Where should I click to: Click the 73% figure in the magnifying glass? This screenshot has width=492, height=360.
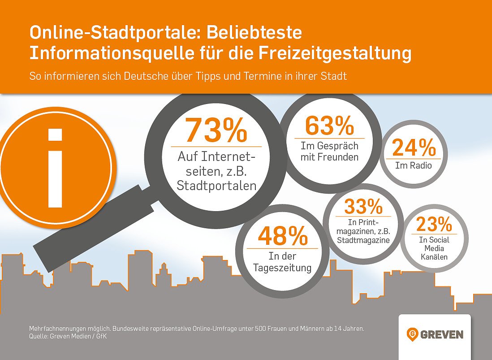pyautogui.click(x=216, y=130)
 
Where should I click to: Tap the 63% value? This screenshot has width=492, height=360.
pyautogui.click(x=329, y=126)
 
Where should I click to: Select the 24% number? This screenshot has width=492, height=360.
pyautogui.click(x=414, y=148)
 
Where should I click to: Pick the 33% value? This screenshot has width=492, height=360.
pyautogui.click(x=363, y=207)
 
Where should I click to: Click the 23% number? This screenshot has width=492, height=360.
pyautogui.click(x=434, y=224)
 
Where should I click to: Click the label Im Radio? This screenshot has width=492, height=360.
pyautogui.click(x=413, y=166)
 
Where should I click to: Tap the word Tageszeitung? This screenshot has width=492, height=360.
pyautogui.click(x=283, y=269)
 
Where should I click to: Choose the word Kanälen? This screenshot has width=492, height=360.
pyautogui.click(x=434, y=257)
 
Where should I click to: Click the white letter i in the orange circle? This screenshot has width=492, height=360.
pyautogui.click(x=55, y=168)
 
